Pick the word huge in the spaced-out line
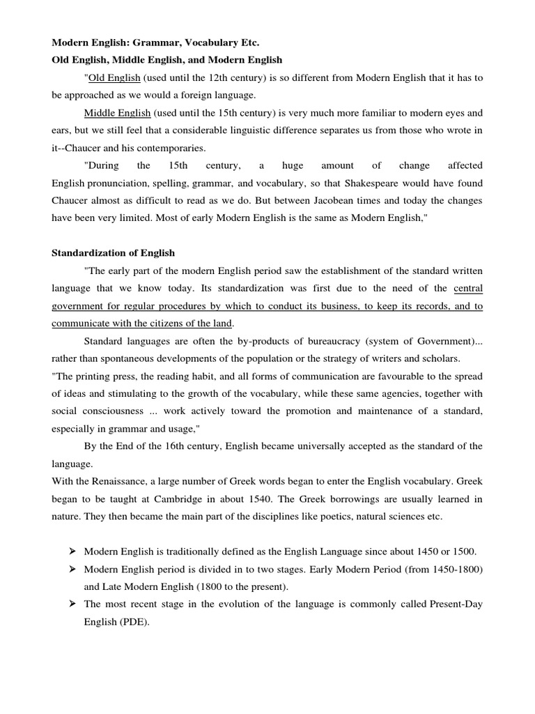tap(293, 165)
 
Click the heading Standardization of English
tap(114, 252)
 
